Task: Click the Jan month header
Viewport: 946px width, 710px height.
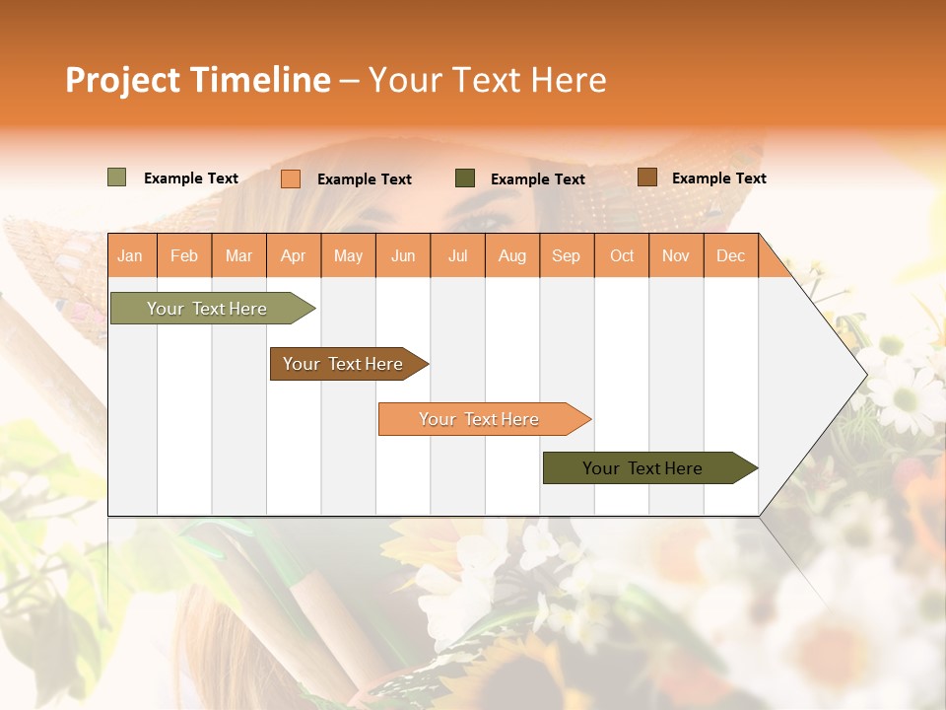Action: pyautogui.click(x=131, y=255)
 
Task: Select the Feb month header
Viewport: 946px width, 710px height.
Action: pyautogui.click(x=184, y=255)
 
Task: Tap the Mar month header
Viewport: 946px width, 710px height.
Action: pyautogui.click(x=238, y=255)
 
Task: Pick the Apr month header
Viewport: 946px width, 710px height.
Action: pyautogui.click(x=294, y=255)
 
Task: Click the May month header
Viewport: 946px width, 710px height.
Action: pyautogui.click(x=348, y=255)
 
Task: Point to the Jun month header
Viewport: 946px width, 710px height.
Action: pyautogui.click(x=403, y=255)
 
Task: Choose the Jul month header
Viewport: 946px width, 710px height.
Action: pyautogui.click(x=457, y=255)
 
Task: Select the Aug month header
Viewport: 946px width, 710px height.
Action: pyautogui.click(x=512, y=255)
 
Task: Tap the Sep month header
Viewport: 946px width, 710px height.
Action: pyautogui.click(x=567, y=255)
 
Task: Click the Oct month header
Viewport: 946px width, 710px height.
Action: pyautogui.click(x=622, y=255)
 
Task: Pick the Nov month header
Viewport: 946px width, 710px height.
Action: pyautogui.click(x=676, y=255)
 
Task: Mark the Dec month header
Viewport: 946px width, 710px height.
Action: pyautogui.click(x=731, y=255)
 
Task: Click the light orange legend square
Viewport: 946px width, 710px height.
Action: pyautogui.click(x=291, y=178)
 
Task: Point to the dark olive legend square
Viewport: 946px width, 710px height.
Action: pyautogui.click(x=465, y=177)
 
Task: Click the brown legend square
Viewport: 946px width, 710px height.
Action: pyautogui.click(x=647, y=177)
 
